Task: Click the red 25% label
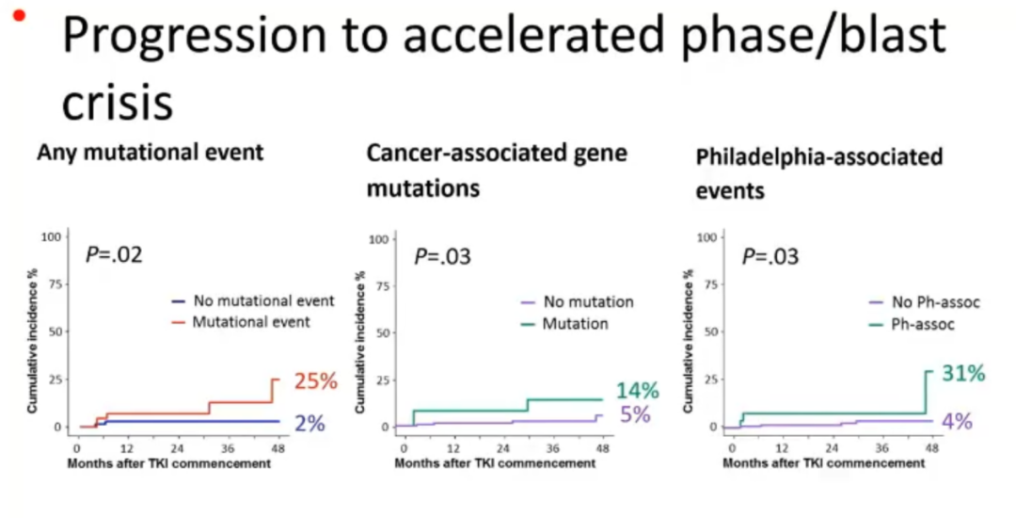click(x=314, y=381)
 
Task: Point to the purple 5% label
click(x=635, y=414)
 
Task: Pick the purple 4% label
click(x=957, y=421)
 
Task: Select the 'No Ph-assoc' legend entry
click(x=924, y=303)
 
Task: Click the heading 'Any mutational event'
click(x=151, y=152)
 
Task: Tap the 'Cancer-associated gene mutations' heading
click(x=497, y=170)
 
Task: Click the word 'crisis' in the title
click(x=117, y=104)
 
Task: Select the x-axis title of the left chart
click(x=162, y=464)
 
